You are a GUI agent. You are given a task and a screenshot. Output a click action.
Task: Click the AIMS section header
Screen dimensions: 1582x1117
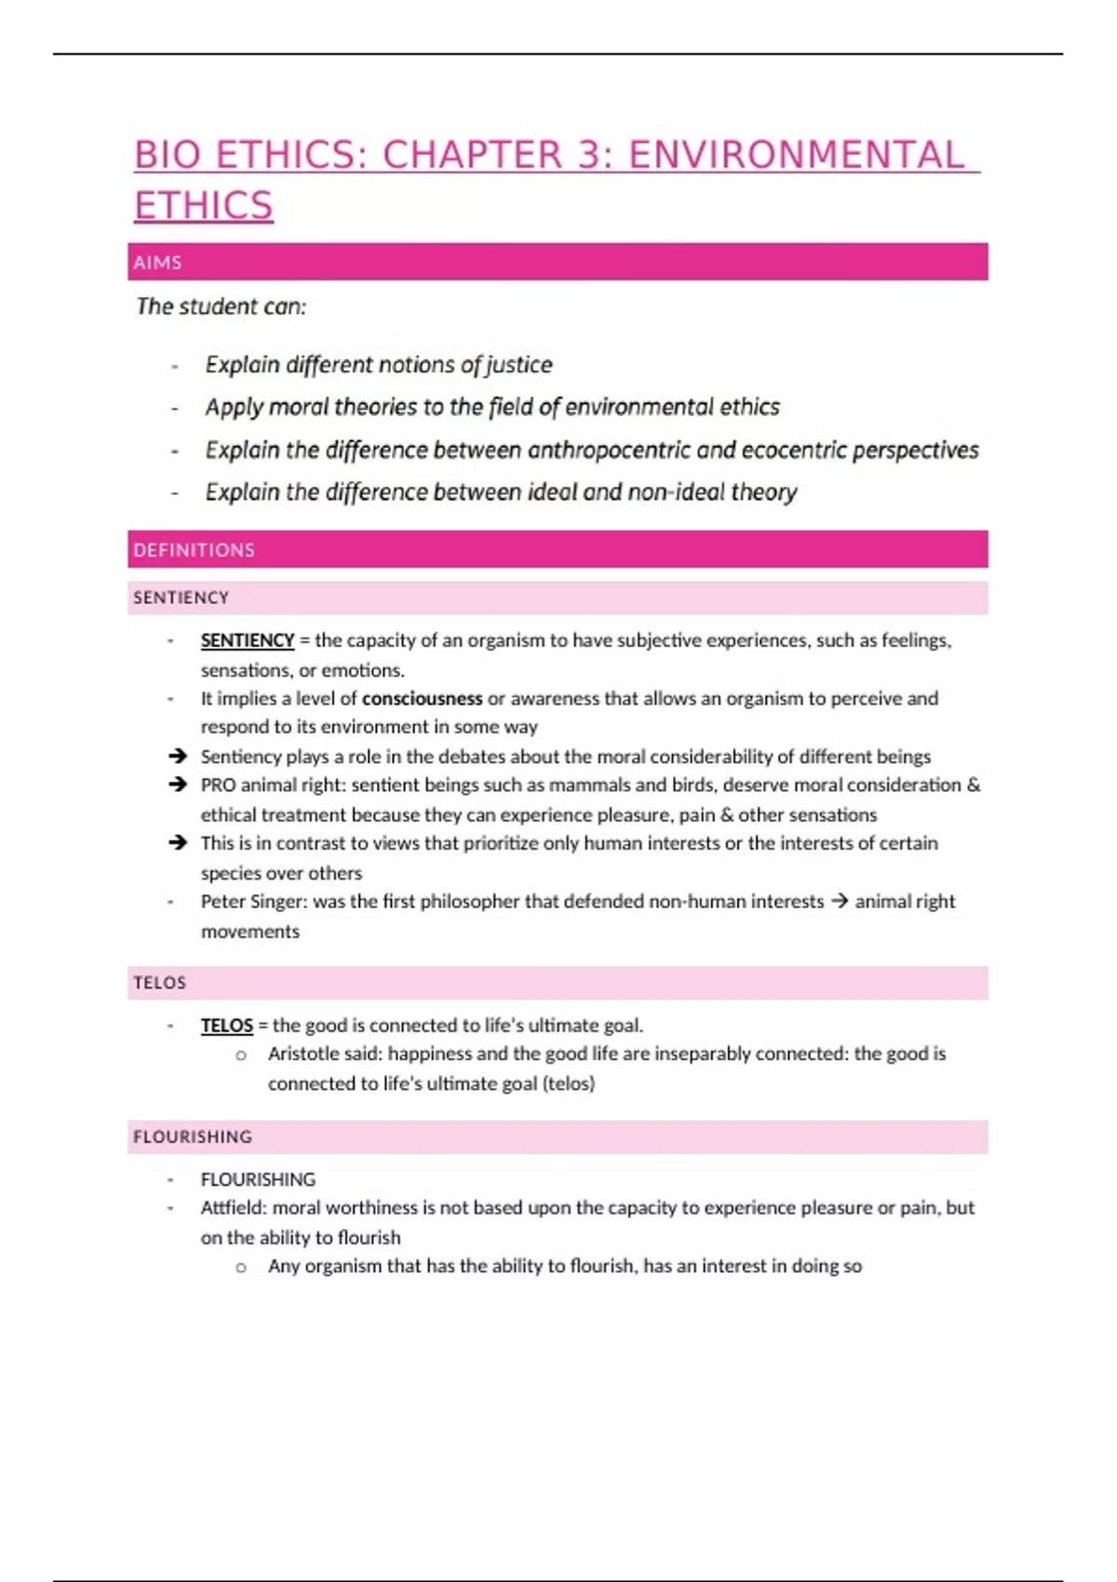coord(157,262)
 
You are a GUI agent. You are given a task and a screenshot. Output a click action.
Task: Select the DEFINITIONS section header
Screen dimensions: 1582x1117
coord(194,550)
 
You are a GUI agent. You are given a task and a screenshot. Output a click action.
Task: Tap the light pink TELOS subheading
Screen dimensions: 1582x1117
coord(159,983)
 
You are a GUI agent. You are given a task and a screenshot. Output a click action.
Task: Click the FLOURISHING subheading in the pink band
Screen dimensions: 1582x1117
coord(193,1136)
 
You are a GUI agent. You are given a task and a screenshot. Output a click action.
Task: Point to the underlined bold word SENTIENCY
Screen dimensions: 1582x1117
coord(247,640)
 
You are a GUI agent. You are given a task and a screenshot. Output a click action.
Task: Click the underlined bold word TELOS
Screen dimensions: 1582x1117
coord(226,1026)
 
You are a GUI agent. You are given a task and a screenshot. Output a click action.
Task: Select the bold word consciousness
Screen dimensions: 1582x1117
coord(422,699)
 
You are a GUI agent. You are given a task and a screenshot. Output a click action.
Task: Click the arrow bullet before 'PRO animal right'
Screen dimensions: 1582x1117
coord(178,784)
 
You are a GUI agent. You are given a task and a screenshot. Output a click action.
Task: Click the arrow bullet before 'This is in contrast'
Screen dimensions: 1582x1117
coord(178,843)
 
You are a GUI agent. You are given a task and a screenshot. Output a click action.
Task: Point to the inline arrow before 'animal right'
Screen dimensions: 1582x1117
coord(839,902)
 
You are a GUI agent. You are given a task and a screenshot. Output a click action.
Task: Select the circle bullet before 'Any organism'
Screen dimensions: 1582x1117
coord(241,1267)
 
